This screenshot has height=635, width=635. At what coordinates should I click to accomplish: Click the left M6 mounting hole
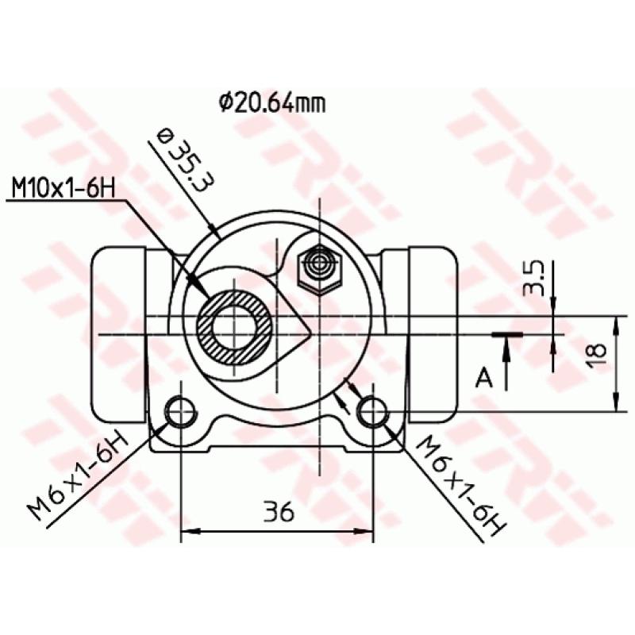point(181,412)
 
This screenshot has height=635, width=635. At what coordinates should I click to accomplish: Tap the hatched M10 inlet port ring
point(236,327)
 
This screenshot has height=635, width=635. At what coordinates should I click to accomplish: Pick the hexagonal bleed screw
point(320,269)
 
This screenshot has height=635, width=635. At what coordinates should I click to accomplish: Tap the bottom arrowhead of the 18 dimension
point(616,404)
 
